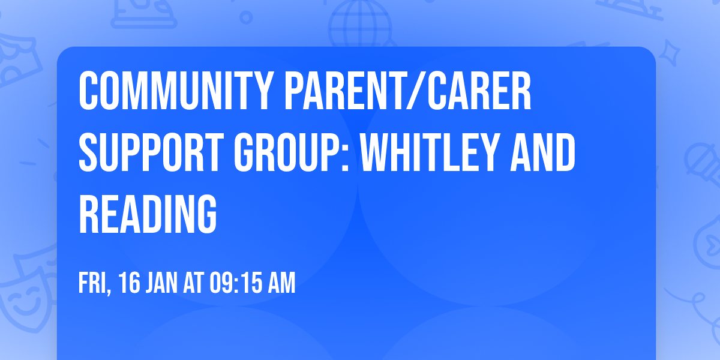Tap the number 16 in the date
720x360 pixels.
click(127, 284)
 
